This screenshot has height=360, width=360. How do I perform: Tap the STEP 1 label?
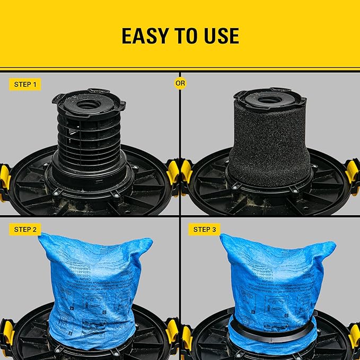(25, 84)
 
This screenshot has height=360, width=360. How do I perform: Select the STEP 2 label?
(25, 229)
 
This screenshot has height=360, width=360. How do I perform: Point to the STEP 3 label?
(204, 229)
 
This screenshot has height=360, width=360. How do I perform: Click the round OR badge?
(180, 83)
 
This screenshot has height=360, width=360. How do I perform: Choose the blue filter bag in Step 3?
(273, 276)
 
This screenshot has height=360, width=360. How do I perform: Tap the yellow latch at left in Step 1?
(5, 178)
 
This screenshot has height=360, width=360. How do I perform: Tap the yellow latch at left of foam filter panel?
(186, 172)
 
